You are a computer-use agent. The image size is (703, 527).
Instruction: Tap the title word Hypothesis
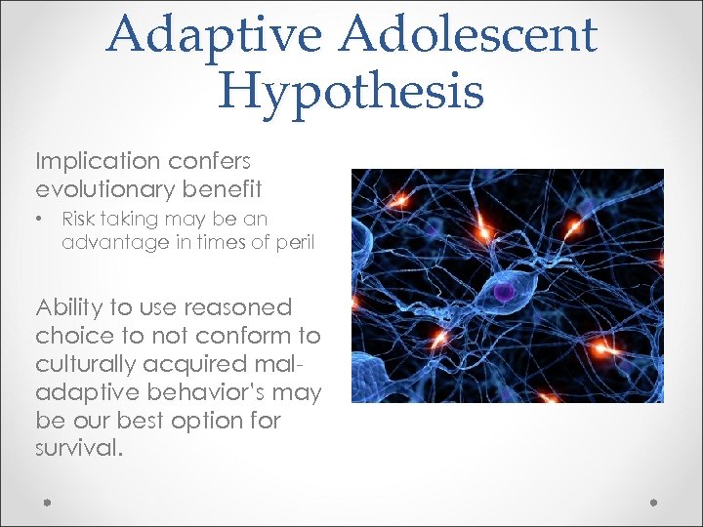tap(351, 92)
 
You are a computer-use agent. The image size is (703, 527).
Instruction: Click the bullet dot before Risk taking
tap(40, 219)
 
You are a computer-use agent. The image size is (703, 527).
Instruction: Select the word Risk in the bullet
tap(80, 219)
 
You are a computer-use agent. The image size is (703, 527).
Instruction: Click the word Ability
tap(69, 308)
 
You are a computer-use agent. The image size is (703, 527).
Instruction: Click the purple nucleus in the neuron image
tap(502, 291)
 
